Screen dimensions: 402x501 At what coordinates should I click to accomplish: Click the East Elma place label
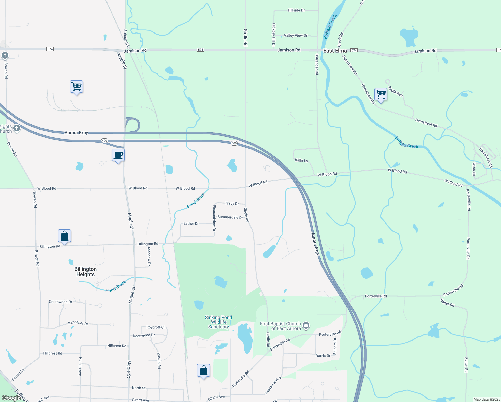(335, 51)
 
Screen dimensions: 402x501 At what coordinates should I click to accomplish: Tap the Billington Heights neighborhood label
(85, 272)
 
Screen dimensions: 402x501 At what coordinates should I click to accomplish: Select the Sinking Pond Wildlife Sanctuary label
(218, 322)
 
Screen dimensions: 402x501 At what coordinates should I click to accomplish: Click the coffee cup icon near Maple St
(118, 155)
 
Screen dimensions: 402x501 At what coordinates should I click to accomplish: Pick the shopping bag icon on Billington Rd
(64, 236)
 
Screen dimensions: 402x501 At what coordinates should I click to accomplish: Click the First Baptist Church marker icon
(306, 325)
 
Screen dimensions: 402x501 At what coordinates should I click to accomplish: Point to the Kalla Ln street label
(301, 160)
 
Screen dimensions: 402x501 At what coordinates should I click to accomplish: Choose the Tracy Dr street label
(232, 203)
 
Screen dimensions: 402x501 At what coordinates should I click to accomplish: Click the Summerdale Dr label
(230, 217)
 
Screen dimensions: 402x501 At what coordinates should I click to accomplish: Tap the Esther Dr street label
(191, 223)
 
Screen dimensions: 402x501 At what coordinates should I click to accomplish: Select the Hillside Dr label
(296, 10)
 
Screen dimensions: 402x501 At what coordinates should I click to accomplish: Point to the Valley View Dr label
(295, 35)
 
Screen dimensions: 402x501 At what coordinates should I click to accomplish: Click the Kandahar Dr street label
(78, 323)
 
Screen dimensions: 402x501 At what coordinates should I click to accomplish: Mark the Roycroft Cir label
(156, 327)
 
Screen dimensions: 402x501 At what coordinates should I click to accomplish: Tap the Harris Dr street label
(323, 356)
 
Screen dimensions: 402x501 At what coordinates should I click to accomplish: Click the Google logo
(11, 398)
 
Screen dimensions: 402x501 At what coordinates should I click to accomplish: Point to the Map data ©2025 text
(486, 399)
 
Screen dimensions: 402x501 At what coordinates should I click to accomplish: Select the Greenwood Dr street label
(60, 301)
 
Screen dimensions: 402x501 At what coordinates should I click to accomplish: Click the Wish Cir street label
(474, 170)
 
